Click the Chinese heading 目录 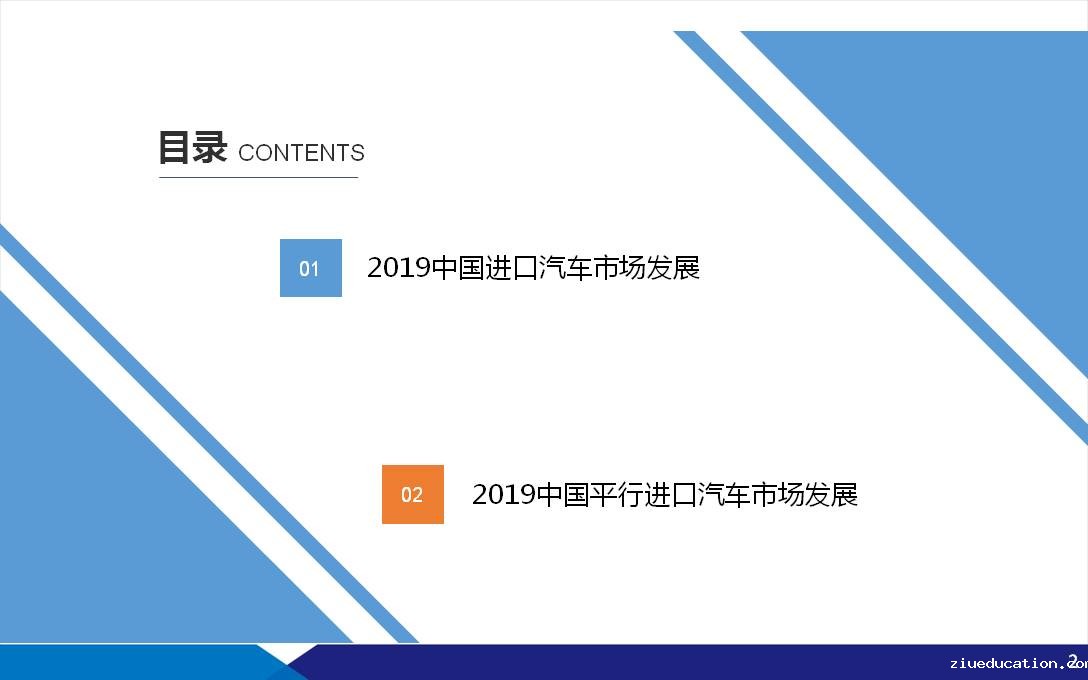[192, 147]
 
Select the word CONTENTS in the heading [301, 153]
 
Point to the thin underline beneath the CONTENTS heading [258, 178]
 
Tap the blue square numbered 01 [311, 268]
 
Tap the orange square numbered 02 [413, 494]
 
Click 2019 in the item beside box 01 [399, 268]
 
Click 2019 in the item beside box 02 [504, 495]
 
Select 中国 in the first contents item [457, 268]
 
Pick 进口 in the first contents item [511, 268]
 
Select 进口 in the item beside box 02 [670, 495]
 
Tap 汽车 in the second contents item [724, 495]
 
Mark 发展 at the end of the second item [832, 495]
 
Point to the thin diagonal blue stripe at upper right [881, 237]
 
